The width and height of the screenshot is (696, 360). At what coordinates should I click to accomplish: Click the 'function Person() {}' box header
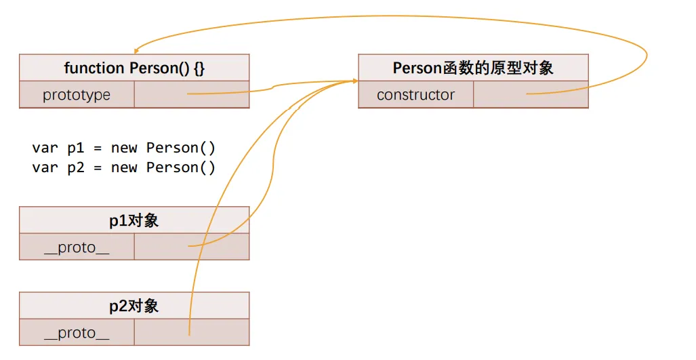tap(134, 68)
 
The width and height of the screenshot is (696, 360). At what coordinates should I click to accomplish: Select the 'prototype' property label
tap(77, 95)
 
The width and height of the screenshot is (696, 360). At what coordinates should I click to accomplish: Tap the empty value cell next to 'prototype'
tap(192, 95)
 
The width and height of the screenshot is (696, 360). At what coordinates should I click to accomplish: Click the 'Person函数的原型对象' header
tap(473, 68)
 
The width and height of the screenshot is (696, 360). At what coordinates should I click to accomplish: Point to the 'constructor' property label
tap(415, 95)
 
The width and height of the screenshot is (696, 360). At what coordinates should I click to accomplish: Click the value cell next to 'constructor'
tap(531, 95)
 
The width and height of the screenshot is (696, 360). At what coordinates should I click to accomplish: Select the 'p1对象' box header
tap(134, 220)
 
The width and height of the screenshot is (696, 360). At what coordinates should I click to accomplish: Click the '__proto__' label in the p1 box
tap(77, 247)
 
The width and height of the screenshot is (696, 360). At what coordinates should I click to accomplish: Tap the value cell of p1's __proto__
tap(192, 247)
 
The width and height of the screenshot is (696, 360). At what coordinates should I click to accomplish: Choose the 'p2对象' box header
tap(134, 306)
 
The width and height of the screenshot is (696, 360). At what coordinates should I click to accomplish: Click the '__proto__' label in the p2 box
tap(77, 333)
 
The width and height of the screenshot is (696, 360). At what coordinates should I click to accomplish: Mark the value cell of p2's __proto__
tap(192, 333)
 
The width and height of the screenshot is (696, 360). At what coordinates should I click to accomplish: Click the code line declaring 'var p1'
tap(123, 148)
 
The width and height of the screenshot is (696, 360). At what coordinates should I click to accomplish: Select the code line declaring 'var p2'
tap(123, 167)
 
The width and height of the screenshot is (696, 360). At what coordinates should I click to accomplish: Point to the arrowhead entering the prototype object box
tap(354, 81)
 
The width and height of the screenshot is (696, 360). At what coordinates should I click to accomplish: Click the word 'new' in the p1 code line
tap(124, 148)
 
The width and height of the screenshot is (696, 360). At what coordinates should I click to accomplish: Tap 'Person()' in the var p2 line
tap(180, 167)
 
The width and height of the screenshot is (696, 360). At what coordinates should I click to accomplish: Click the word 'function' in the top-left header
tap(85, 68)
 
